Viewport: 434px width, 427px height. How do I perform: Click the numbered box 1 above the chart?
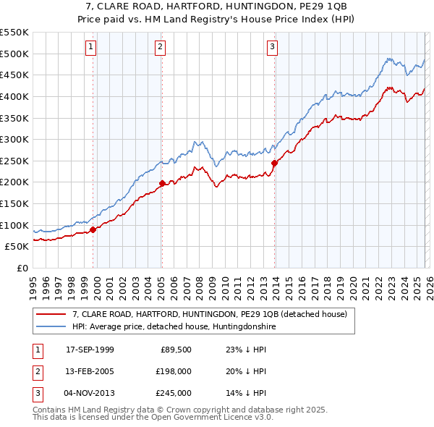pos(91,48)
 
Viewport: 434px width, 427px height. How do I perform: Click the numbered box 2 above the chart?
pos(160,48)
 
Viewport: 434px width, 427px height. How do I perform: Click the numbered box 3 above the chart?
pos(273,48)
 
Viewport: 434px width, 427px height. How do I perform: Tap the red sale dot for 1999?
pos(93,229)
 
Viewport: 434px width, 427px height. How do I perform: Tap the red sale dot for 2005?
pos(162,183)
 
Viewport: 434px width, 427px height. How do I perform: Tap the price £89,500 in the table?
pos(174,349)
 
